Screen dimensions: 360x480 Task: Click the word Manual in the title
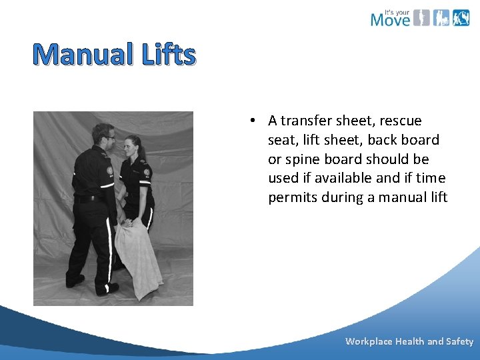(83, 55)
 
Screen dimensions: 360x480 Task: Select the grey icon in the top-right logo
(421, 18)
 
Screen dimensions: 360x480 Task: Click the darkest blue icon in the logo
(461, 18)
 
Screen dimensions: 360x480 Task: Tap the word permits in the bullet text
(291, 197)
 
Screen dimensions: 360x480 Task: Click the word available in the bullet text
(335, 179)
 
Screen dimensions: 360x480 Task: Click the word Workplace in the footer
(369, 341)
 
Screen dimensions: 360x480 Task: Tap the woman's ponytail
(140, 142)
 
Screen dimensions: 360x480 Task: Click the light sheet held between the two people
(139, 257)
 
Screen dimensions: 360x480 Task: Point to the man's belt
(88, 198)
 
